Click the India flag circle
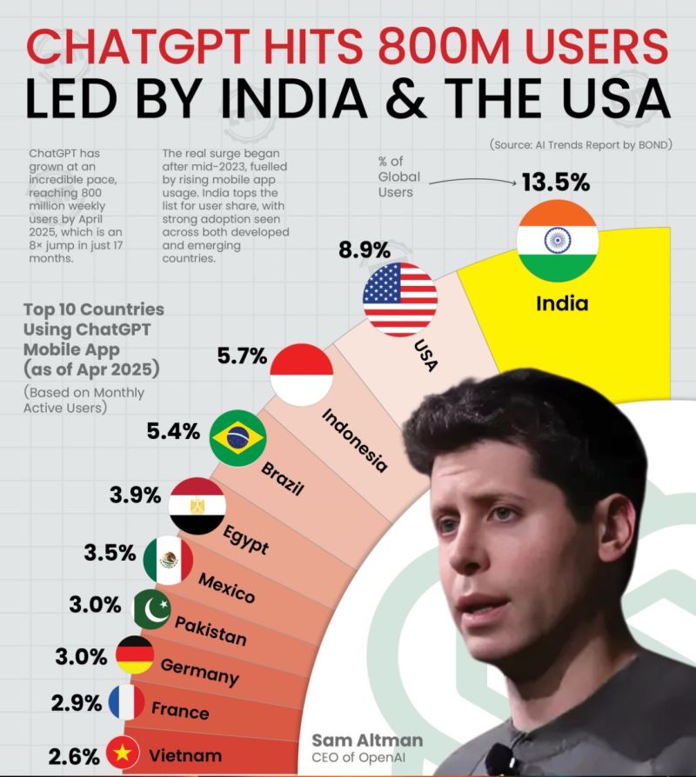coord(557,241)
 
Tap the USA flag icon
coord(400,298)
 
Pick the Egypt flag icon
coord(197,505)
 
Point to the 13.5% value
coord(555,183)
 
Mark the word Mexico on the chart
coord(226,588)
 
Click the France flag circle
coord(126,702)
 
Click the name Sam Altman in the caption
coord(367,740)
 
